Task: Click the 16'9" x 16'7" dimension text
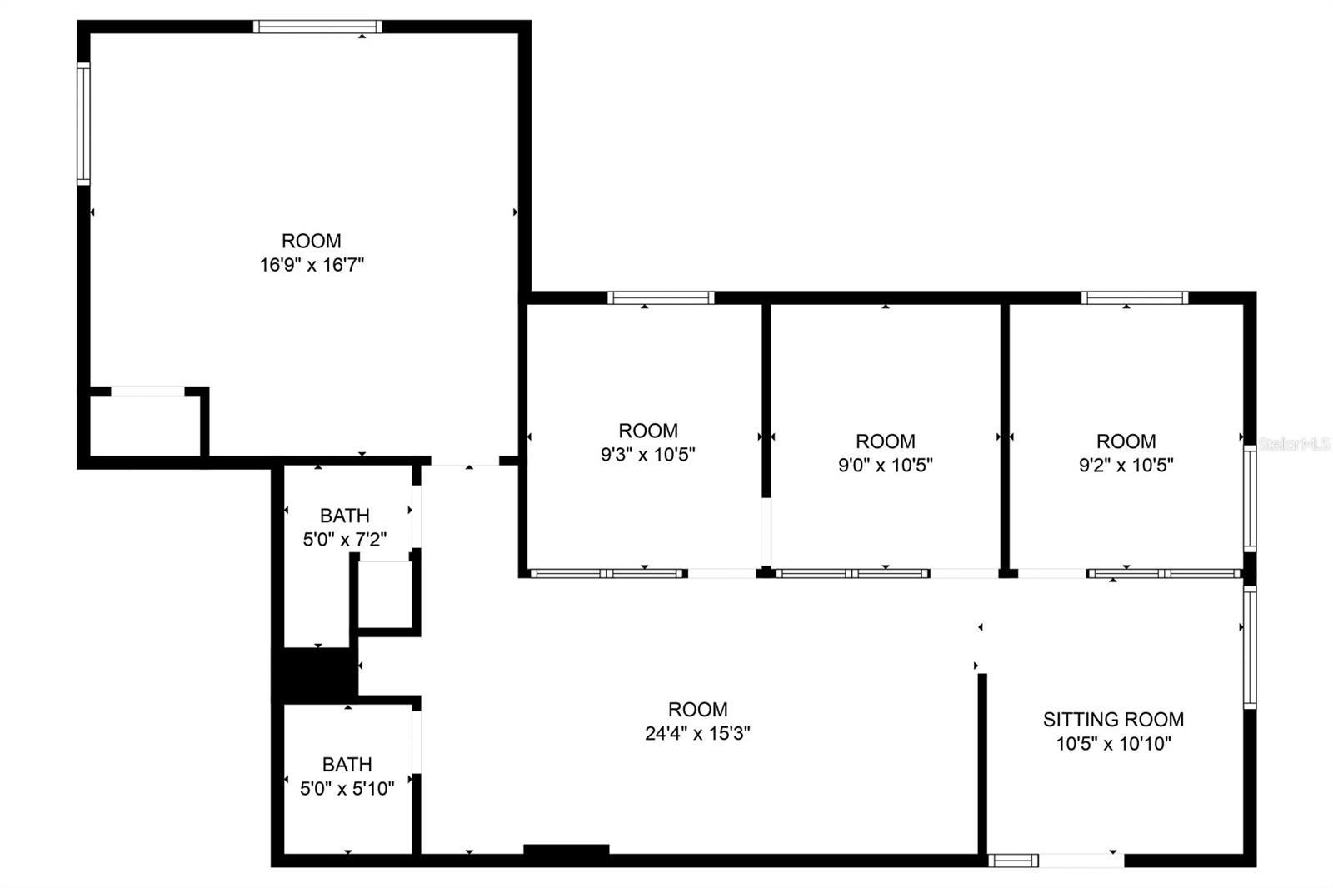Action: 312,264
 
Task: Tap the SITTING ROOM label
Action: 1113,720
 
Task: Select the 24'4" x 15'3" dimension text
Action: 697,733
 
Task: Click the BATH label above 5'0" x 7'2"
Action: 345,516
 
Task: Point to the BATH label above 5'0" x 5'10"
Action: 347,764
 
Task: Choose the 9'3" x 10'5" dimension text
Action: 648,455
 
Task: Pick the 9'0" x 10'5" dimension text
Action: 886,465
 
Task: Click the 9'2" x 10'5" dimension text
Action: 1126,465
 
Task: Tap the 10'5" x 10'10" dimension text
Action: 1113,743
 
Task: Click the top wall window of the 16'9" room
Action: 317,27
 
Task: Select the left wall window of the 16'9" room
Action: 83,124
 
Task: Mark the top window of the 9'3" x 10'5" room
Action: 661,297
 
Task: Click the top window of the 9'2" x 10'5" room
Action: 1135,297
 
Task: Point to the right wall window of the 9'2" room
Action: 1250,499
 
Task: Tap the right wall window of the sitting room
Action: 1250,647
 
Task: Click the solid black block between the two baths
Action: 315,675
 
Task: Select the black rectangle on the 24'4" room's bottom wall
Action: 566,850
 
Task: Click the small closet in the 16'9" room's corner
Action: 145,425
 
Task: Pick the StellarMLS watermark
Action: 1294,444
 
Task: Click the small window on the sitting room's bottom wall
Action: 1013,861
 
